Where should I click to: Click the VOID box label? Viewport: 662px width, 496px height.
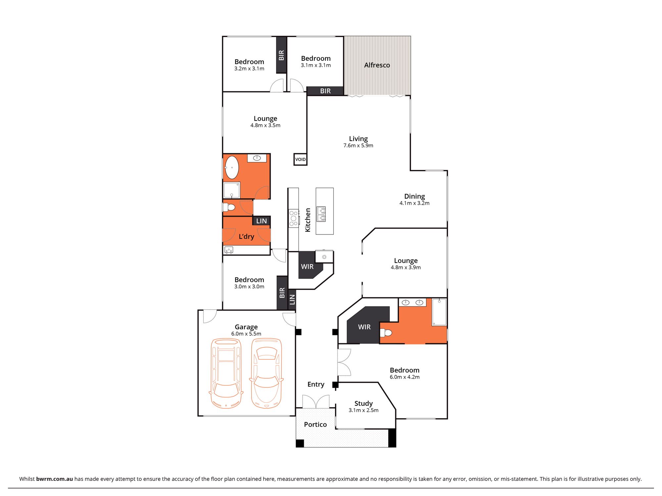click(x=301, y=159)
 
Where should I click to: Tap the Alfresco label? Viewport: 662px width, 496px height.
click(x=377, y=65)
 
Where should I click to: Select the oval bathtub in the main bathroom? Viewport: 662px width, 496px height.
click(x=232, y=167)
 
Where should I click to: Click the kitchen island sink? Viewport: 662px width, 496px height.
click(x=321, y=214)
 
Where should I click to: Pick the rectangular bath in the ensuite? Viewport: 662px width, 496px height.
click(x=439, y=312)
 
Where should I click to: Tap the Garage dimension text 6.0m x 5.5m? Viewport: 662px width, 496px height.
click(x=246, y=334)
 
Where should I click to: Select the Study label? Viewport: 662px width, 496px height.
click(x=363, y=403)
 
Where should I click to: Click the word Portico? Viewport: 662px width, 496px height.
click(x=315, y=425)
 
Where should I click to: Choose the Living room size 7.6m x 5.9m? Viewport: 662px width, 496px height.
click(x=358, y=145)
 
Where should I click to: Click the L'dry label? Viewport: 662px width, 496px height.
click(x=247, y=237)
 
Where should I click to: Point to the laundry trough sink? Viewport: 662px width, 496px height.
click(x=229, y=250)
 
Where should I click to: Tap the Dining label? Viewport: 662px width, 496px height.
click(x=414, y=196)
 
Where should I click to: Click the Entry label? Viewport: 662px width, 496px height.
click(x=316, y=384)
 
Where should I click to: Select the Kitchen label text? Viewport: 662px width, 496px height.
click(x=308, y=220)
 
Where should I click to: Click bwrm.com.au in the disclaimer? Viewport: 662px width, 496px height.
click(x=55, y=479)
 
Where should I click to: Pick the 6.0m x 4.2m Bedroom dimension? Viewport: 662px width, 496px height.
click(x=404, y=377)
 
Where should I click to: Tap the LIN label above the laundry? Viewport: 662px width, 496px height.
click(x=261, y=221)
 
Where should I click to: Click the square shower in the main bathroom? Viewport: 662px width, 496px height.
click(x=232, y=190)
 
